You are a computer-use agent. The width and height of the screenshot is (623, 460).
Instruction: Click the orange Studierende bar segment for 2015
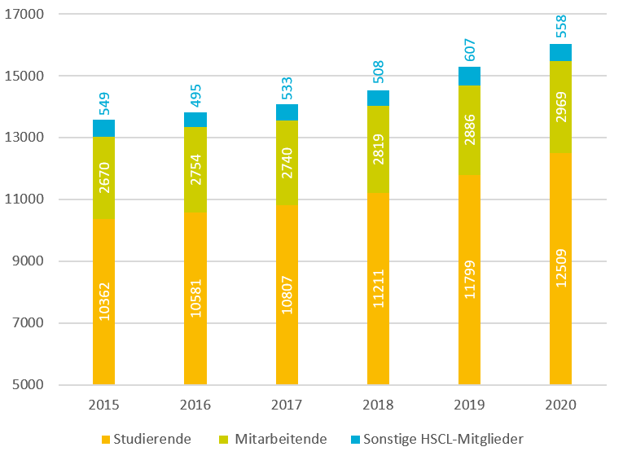(x=103, y=342)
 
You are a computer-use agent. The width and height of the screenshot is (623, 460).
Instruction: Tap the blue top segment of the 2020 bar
(x=561, y=52)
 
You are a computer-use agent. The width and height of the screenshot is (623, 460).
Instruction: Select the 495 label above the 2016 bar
(x=196, y=95)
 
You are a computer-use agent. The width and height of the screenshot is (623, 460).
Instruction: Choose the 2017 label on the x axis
(x=287, y=405)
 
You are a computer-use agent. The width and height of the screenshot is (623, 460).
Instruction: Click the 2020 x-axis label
(x=561, y=405)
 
